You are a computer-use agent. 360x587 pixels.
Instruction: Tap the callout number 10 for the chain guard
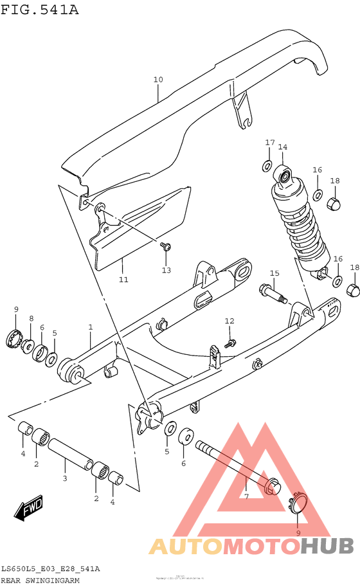pos(158,80)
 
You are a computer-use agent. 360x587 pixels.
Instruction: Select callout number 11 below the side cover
pos(123,280)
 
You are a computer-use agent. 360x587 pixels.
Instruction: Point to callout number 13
pos(166,270)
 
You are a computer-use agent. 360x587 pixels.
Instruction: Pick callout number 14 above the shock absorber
pos(282,147)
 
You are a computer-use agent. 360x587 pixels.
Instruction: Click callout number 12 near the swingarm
pos(230,321)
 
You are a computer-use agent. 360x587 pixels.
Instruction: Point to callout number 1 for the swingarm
pos(91,327)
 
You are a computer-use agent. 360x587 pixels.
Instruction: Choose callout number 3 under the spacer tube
pos(64,478)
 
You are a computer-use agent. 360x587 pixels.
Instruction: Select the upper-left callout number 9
pos(16,311)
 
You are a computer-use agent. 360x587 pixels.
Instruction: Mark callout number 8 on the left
pos(31,318)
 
